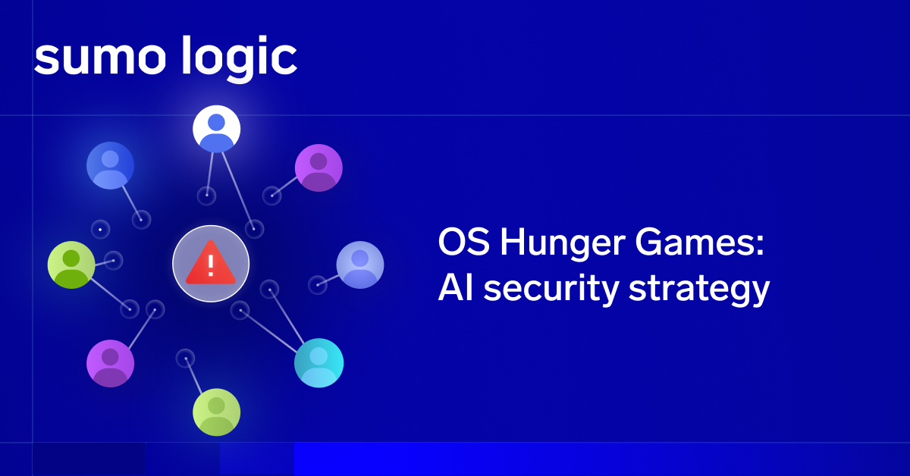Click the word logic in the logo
click(240, 59)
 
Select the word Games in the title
click(699, 242)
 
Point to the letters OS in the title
click(463, 242)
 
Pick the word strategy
click(699, 290)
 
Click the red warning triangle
click(211, 263)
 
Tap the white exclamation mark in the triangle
click(211, 265)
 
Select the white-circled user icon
click(217, 129)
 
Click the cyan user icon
click(319, 363)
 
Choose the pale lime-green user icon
click(217, 412)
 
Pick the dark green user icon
click(71, 265)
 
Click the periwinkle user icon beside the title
click(360, 265)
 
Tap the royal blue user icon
click(111, 166)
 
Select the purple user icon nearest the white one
click(319, 168)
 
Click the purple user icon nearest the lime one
click(111, 363)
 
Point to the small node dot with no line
click(100, 230)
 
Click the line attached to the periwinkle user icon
click(328, 280)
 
